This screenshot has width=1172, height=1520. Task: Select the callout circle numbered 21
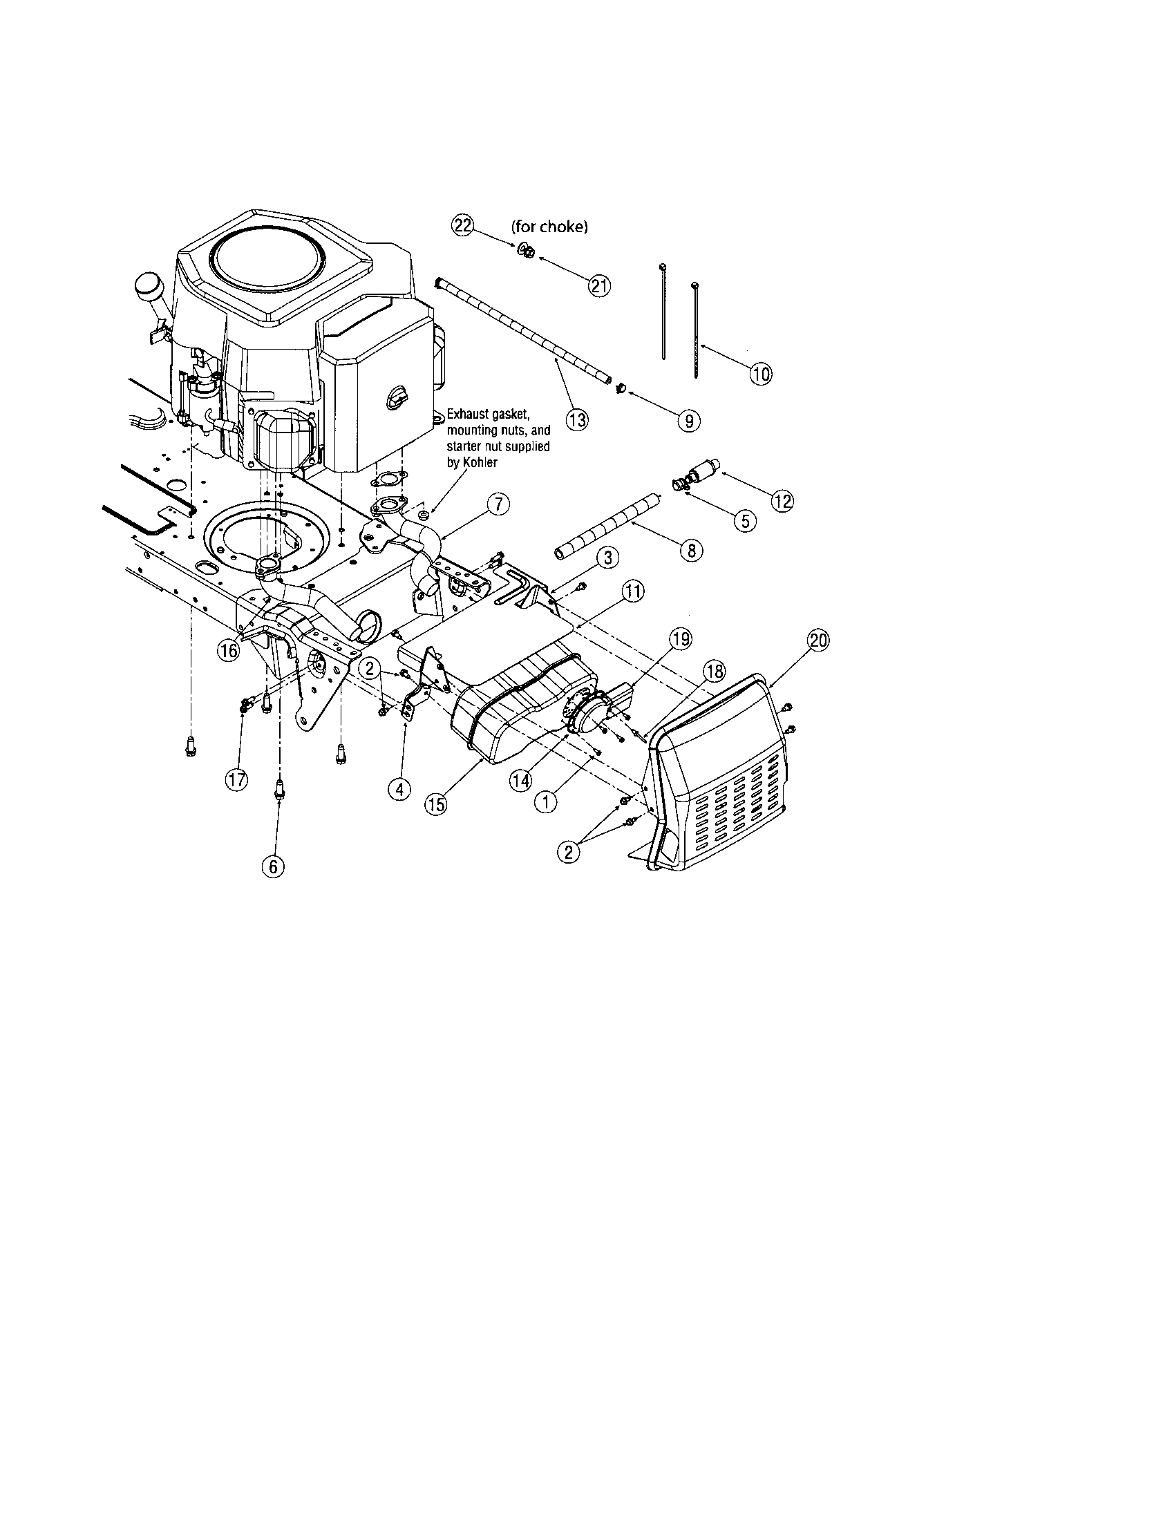599,285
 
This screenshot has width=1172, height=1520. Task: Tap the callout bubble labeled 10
760,374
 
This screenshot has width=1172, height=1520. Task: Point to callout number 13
577,419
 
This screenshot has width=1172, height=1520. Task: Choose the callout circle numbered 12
783,500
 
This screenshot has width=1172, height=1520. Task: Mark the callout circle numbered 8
691,551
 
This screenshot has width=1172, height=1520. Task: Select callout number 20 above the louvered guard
818,640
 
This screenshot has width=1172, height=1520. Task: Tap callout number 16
228,650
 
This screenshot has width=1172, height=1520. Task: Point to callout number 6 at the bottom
272,865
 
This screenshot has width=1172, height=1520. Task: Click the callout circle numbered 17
237,780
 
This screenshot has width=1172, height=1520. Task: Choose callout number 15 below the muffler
436,803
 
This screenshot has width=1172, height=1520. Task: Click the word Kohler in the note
482,462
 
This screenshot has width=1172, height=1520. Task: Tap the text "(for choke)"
550,227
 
